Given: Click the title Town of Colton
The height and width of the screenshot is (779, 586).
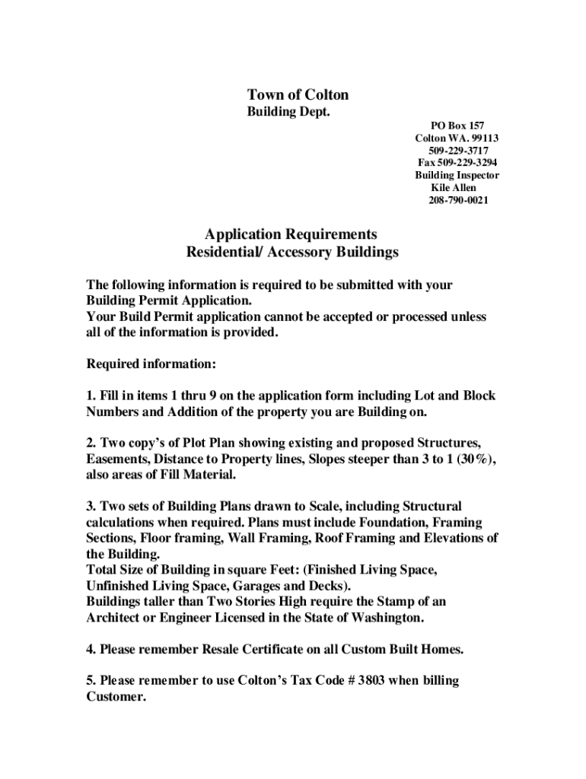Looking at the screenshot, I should (x=298, y=94).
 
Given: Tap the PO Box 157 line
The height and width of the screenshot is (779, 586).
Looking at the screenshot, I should (x=457, y=126).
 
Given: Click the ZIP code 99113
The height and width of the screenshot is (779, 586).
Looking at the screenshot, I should (x=485, y=138).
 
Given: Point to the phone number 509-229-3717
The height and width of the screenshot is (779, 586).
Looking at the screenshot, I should (x=457, y=151).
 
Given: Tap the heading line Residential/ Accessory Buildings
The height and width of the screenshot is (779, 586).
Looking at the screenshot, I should (x=292, y=251).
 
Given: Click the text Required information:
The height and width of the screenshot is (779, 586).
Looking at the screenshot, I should (x=151, y=364).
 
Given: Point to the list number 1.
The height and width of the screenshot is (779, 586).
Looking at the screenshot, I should (x=91, y=396).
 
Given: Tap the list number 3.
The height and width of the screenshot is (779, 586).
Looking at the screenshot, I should (x=91, y=506).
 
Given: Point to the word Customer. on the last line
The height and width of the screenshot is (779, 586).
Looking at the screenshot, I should (x=116, y=697).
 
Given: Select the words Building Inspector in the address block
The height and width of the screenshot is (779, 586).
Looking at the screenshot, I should (x=457, y=175).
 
